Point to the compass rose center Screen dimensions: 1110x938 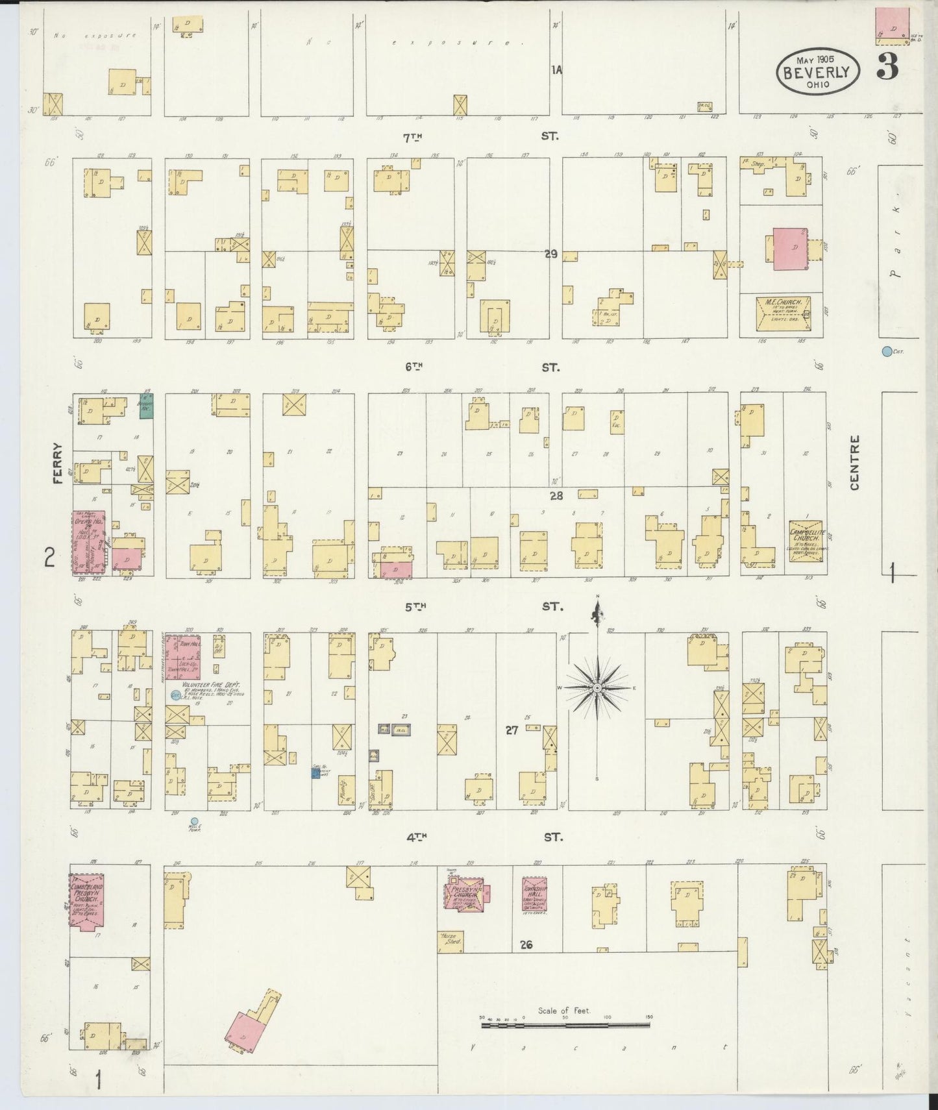point(597,687)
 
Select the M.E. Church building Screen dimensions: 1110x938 point(784,311)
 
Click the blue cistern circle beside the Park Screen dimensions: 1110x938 point(886,352)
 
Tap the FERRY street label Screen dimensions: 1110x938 point(58,463)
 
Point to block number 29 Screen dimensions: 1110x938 point(551,254)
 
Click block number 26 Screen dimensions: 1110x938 point(526,944)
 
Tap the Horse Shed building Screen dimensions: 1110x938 point(450,942)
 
